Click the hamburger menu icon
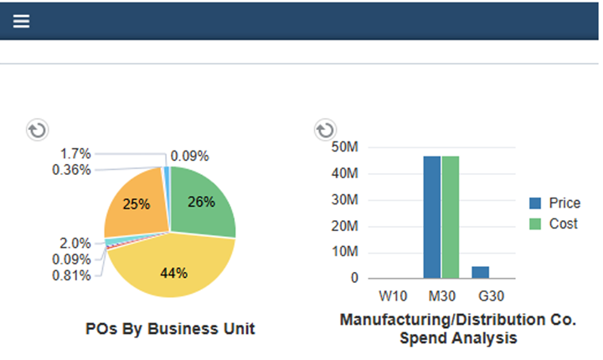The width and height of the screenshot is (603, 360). coord(21,21)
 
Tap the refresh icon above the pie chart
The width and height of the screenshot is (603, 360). coord(38,130)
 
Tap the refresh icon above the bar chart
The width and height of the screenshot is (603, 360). coord(324,130)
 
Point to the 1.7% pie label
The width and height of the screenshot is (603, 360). coord(76,153)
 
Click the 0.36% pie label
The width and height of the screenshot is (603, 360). coord(71,169)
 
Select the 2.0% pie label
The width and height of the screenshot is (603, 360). coord(75,243)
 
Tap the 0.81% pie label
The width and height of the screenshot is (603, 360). coord(71,275)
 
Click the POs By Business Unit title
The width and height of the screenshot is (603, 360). coord(170,329)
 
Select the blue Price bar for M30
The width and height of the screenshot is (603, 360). coord(431,217)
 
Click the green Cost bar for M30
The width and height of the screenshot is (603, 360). coord(451,217)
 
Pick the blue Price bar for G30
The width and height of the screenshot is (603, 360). coord(481,272)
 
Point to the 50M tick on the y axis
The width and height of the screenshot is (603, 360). coord(345,148)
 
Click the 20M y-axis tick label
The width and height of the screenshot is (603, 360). coord(345,226)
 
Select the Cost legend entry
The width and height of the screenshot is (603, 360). coord(554,224)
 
